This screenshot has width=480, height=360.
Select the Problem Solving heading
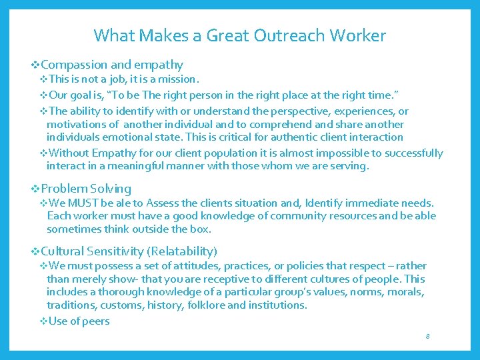click(86, 189)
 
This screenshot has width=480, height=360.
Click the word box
click(201, 229)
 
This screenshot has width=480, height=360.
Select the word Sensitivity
click(113, 251)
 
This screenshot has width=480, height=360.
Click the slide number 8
click(427, 336)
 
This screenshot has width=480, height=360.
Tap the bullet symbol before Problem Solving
click(36, 189)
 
